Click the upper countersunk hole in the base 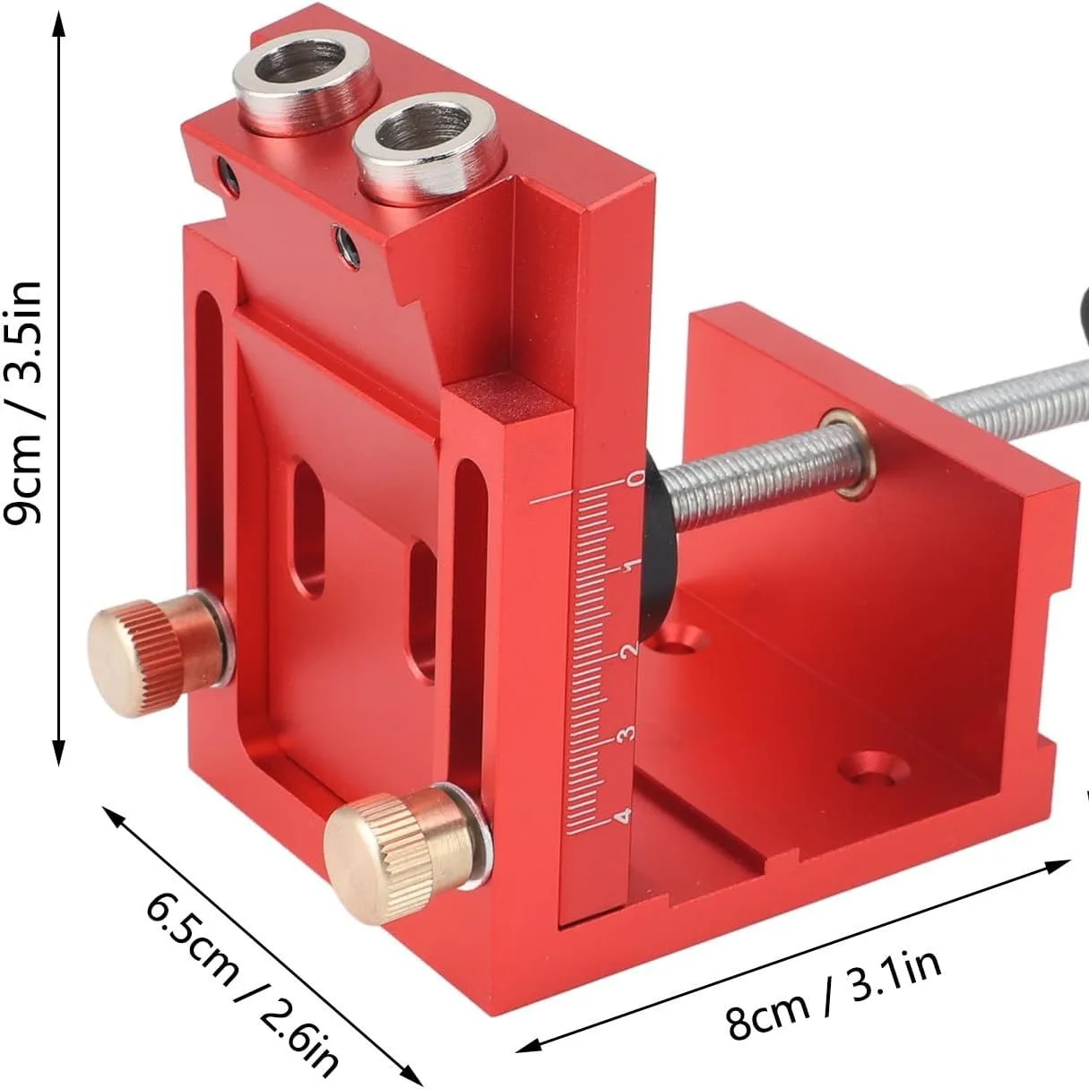pos(678,640)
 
